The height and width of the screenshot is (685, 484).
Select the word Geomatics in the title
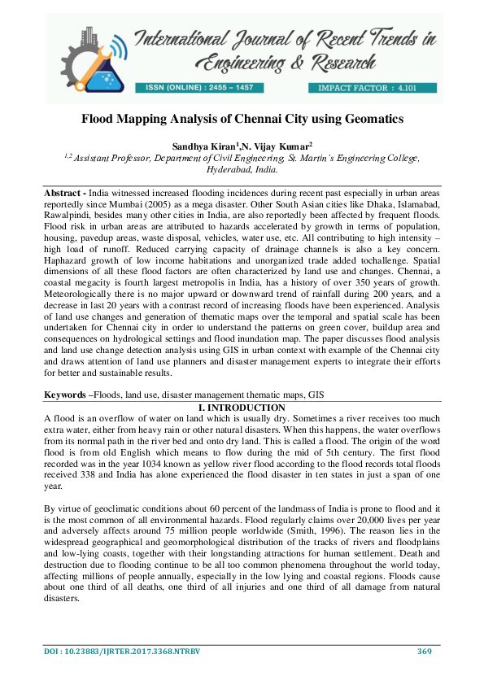(x=372, y=119)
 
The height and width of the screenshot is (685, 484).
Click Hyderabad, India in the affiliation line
(x=242, y=171)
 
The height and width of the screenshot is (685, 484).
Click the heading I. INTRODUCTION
(x=242, y=407)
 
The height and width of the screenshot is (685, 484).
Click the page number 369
(x=424, y=651)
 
